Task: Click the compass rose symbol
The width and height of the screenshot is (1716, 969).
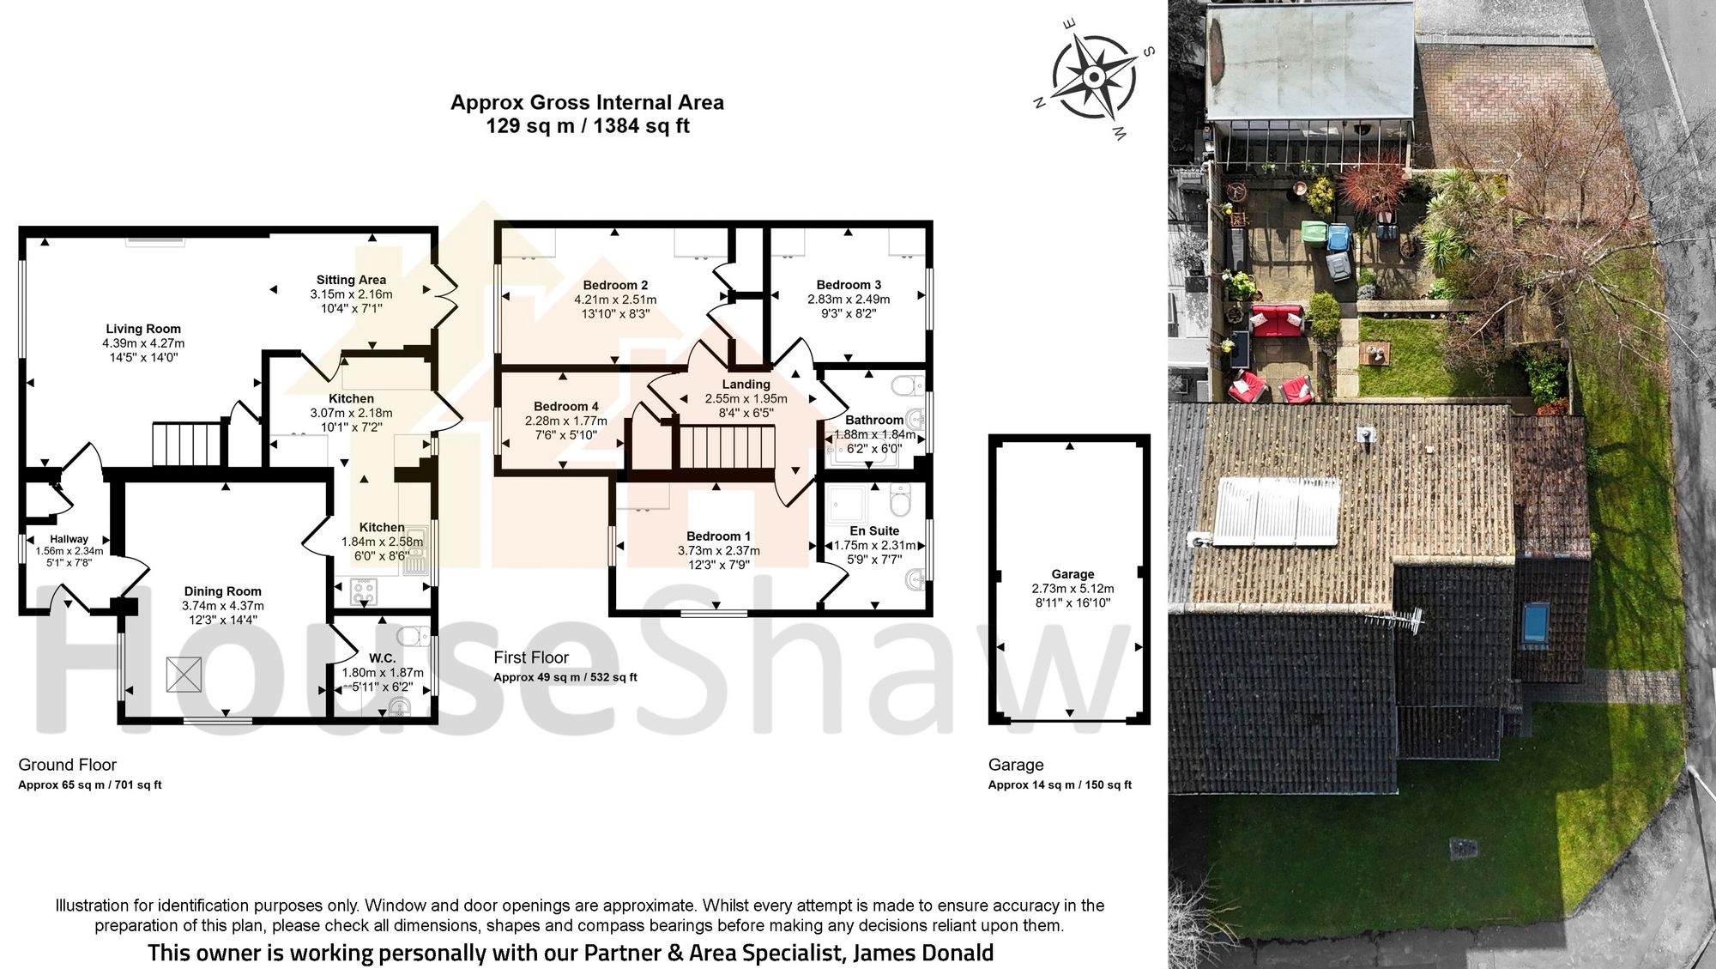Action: pos(1093,78)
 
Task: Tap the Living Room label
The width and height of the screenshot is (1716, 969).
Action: pos(143,329)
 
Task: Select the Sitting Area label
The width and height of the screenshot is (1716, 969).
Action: pos(351,280)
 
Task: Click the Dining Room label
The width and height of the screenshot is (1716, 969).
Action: pos(222,591)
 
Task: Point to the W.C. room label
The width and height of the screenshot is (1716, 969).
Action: pos(383,658)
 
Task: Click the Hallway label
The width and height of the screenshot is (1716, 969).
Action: pos(69,539)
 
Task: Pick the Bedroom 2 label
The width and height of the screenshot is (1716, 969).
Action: pos(615,285)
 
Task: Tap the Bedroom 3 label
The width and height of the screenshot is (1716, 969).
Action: pos(849,285)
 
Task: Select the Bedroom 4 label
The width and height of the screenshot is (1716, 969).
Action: pos(565,406)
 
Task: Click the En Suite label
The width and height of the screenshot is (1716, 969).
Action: pos(874,531)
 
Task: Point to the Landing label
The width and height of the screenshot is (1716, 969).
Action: pos(746,385)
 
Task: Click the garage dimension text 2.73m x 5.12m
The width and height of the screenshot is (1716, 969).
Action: pos(1072,589)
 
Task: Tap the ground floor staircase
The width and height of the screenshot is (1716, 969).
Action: pos(187,443)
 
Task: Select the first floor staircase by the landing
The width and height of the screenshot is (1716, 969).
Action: pos(727,446)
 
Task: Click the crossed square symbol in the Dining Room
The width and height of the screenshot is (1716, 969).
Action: pos(184,674)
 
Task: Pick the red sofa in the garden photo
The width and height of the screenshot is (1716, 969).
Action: pos(1278,321)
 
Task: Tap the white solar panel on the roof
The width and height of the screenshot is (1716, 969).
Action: pos(1276,512)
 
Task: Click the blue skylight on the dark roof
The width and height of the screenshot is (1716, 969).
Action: pos(1536,622)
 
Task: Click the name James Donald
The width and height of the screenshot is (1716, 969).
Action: pos(923,953)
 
